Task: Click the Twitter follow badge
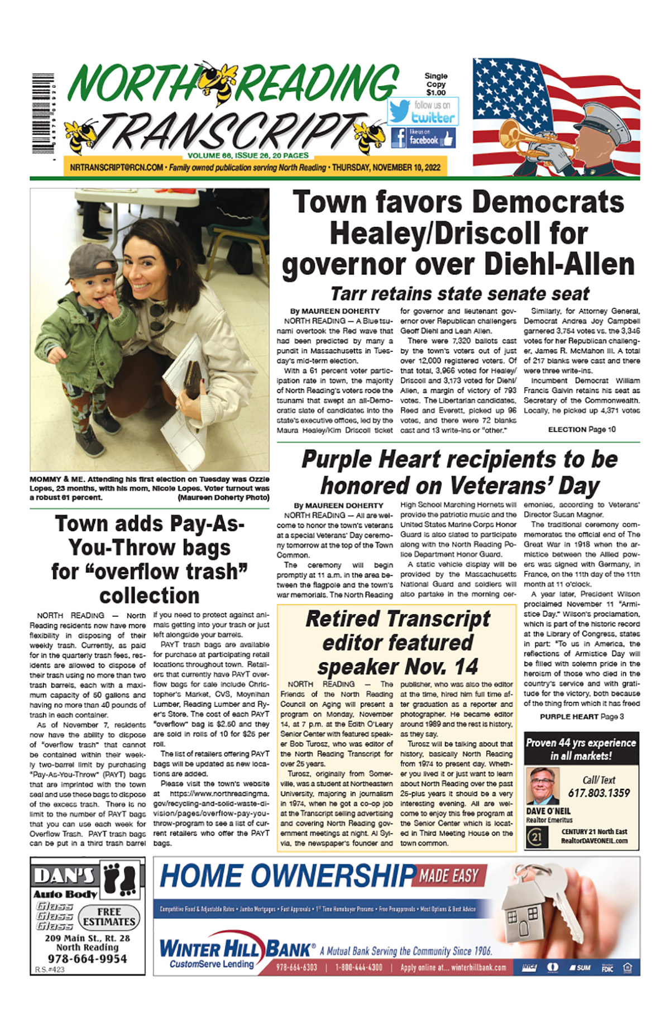pyautogui.click(x=423, y=112)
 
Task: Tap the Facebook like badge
pyautogui.click(x=423, y=137)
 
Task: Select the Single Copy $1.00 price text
pyautogui.click(x=436, y=84)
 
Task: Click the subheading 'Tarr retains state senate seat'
pyautogui.click(x=459, y=294)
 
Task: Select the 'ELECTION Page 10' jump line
pyautogui.click(x=581, y=429)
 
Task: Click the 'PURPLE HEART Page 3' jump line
pyautogui.click(x=581, y=716)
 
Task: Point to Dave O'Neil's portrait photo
pyautogui.click(x=542, y=786)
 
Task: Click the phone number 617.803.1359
pyautogui.click(x=599, y=793)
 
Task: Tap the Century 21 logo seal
pyautogui.click(x=537, y=836)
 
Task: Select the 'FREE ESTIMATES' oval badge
pyautogui.click(x=109, y=917)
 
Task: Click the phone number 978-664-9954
pyautogui.click(x=88, y=959)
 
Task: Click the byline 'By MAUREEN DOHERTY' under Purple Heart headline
pyautogui.click(x=338, y=506)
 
